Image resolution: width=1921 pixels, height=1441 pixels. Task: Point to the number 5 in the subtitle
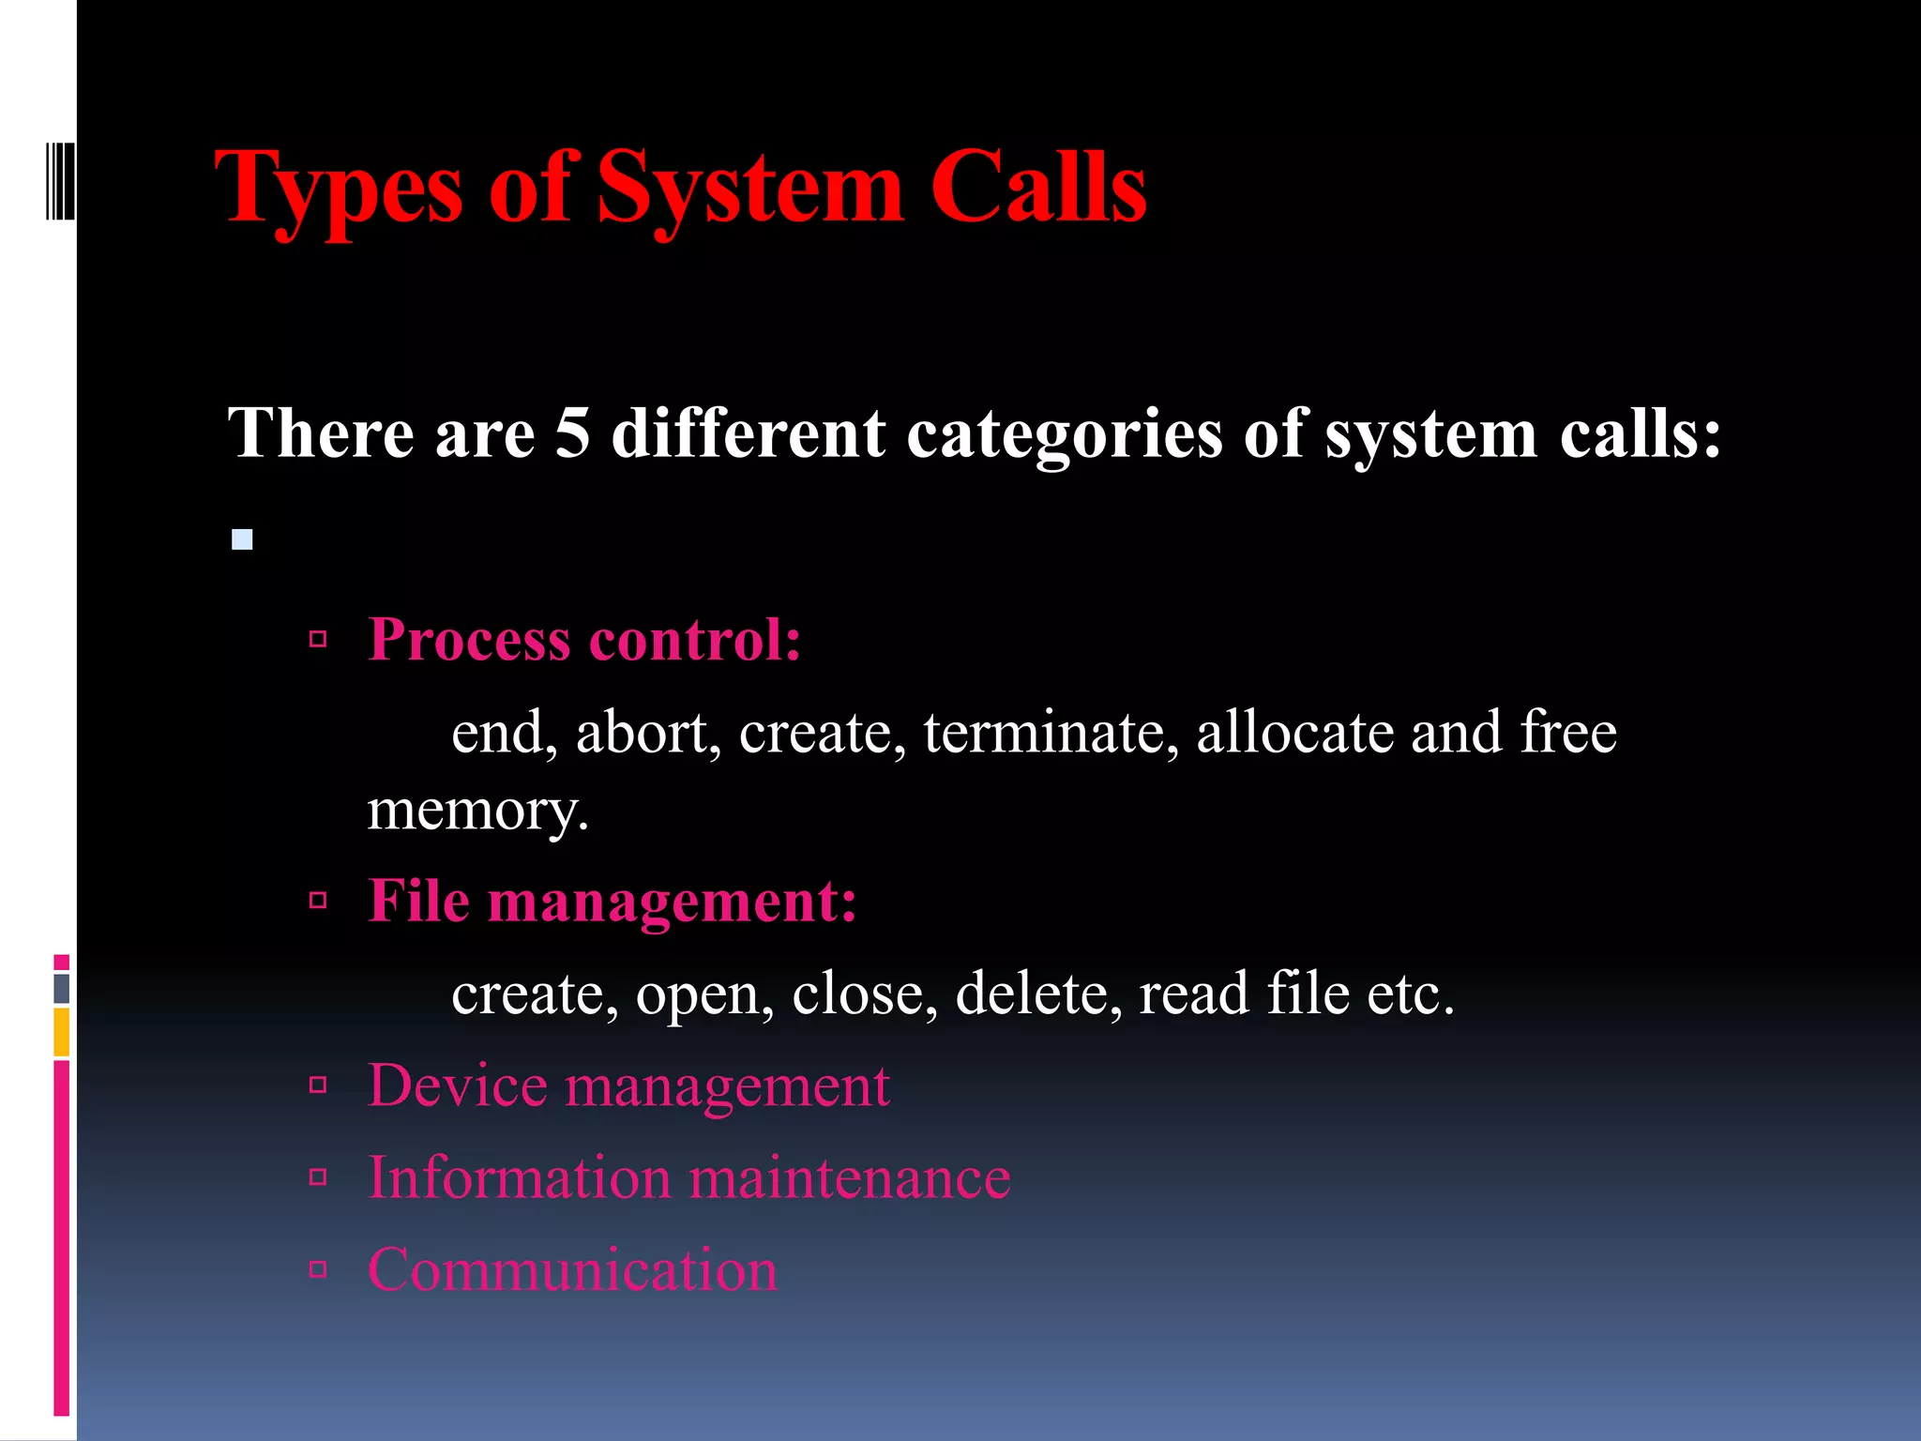[572, 433]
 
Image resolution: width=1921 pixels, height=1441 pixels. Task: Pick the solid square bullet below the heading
[243, 539]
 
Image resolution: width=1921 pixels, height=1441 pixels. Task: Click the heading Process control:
[584, 640]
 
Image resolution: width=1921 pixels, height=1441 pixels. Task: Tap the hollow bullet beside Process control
[318, 641]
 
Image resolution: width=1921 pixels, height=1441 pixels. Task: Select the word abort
[647, 732]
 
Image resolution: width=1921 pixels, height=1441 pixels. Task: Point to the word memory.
[477, 811]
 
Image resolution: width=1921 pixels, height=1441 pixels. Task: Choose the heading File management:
[612, 902]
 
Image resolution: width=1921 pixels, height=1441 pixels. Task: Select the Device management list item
[628, 1086]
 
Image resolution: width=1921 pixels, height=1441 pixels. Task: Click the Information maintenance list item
[688, 1178]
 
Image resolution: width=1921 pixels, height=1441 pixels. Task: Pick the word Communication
[572, 1270]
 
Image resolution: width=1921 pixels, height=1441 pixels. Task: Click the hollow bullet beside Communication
[318, 1270]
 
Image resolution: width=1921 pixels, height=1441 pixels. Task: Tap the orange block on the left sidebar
[62, 1032]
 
